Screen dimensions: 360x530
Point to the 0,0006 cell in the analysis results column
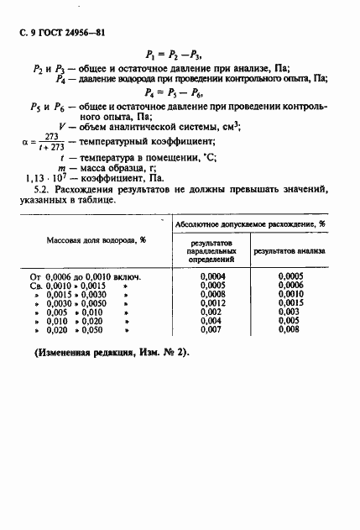[x=290, y=285]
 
